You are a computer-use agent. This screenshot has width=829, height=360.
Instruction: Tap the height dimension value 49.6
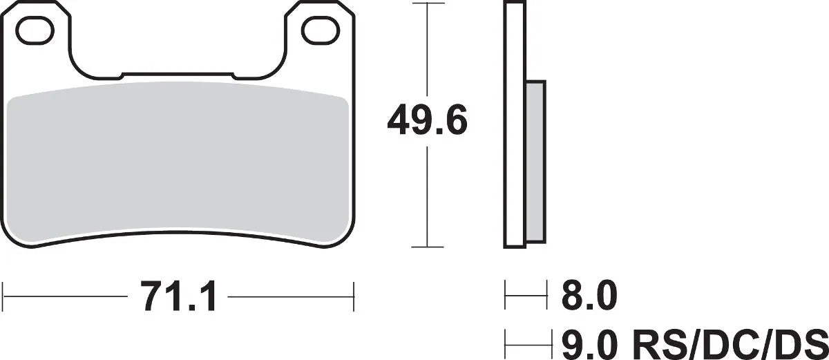[x=428, y=122]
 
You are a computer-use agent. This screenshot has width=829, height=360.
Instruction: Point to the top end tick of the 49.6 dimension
[x=428, y=3]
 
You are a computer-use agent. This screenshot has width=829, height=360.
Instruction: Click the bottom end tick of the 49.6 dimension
[x=428, y=247]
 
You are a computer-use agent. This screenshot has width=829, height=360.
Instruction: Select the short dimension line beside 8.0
[x=526, y=298]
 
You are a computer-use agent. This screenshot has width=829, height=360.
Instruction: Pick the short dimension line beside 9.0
[x=530, y=341]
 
